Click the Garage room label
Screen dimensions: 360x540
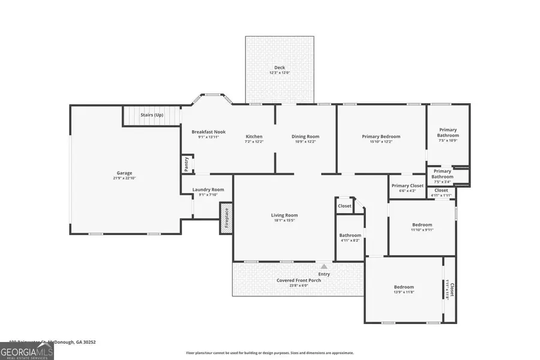pos(124,173)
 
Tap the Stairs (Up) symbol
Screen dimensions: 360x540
pos(152,115)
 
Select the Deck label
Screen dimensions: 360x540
pos(279,68)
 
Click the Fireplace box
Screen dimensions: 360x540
pos(226,218)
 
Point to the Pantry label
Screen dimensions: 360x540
pos(186,164)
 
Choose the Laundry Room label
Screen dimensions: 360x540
pos(208,190)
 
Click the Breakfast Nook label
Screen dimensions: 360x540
pos(208,131)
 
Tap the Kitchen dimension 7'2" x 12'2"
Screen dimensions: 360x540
pos(254,142)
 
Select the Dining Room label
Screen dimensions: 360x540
pos(305,136)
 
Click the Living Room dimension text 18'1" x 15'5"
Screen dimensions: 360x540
pos(284,220)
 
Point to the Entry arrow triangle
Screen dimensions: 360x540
pos(324,266)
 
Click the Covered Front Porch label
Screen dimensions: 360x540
pos(298,280)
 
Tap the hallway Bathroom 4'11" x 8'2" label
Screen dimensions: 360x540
pos(350,235)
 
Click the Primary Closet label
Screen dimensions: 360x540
pos(407,185)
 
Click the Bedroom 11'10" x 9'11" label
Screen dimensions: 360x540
pos(422,225)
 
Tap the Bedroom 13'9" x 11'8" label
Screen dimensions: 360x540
pos(403,287)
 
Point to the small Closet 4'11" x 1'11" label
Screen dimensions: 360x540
pos(441,190)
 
